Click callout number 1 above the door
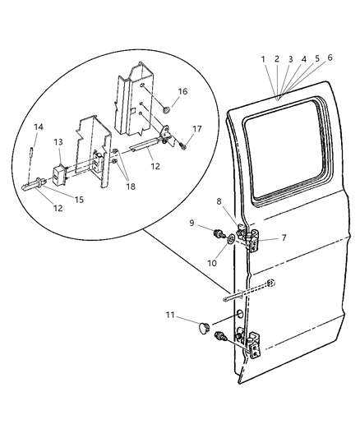click(263, 59)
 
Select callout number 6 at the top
click(330, 58)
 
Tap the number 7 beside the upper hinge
click(284, 238)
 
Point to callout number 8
click(218, 201)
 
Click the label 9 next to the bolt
click(192, 222)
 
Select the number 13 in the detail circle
click(58, 142)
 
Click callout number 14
click(38, 127)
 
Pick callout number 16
click(182, 92)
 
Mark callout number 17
click(196, 129)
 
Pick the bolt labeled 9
click(219, 235)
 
